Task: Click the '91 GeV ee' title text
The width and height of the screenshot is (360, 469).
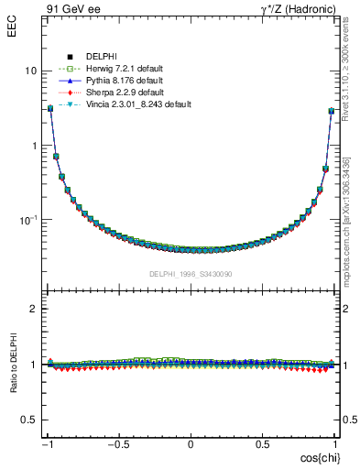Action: (72, 10)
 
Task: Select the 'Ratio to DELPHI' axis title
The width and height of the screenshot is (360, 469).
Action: (13, 391)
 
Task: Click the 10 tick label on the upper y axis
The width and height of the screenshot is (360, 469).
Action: (30, 71)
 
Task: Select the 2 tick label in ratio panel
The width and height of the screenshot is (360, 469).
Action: (34, 309)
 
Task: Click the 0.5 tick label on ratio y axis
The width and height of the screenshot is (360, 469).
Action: (30, 420)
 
